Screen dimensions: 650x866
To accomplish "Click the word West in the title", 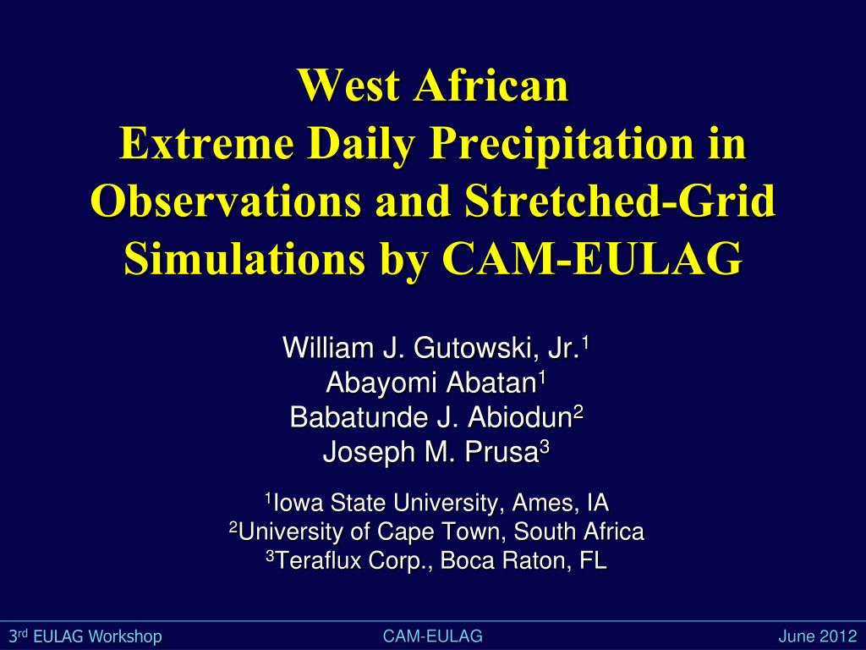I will click(348, 87).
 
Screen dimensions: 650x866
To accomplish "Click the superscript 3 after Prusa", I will click(545, 449).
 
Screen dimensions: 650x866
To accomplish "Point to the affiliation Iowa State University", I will click(390, 504).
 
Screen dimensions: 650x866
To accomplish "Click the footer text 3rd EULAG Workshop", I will click(85, 636).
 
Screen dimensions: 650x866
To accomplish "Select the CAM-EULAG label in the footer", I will click(432, 636).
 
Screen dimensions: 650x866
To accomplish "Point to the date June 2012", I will click(817, 636).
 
